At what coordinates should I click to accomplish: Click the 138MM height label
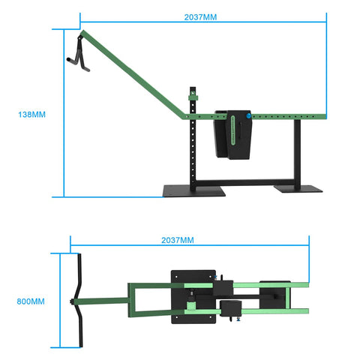coord(32,115)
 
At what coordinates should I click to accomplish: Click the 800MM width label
coord(30,301)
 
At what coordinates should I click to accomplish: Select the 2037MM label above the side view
coord(200,16)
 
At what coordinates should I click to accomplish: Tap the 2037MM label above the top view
coord(178,241)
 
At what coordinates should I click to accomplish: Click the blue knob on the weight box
coord(247,116)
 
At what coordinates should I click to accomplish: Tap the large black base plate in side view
coord(194,192)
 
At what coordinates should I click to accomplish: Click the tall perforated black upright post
coord(195,150)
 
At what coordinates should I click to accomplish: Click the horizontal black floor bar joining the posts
coord(247,181)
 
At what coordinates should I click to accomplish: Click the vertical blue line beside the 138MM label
coord(63,112)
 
